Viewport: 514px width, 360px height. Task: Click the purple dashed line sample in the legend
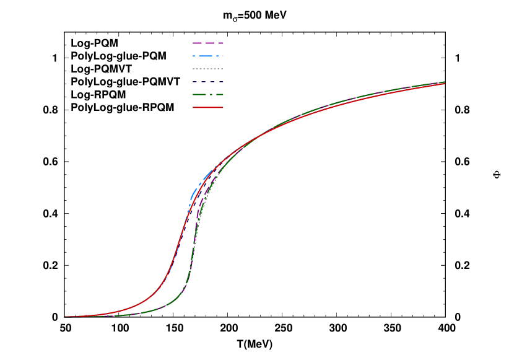point(208,43)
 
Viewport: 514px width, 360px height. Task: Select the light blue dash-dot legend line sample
point(208,56)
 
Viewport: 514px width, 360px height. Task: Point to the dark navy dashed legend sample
point(208,82)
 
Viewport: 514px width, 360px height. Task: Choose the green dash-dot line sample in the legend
point(208,95)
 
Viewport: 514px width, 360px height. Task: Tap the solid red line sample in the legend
point(208,107)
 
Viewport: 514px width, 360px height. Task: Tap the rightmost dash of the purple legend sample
point(219,43)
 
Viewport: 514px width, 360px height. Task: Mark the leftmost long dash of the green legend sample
point(199,95)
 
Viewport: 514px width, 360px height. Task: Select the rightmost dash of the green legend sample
point(219,95)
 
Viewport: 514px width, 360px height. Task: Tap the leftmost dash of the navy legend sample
point(194,82)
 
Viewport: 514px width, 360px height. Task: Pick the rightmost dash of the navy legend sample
point(221,82)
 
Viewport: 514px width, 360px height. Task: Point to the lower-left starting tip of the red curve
point(66,317)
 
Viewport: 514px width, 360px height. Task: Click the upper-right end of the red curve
point(444,83)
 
